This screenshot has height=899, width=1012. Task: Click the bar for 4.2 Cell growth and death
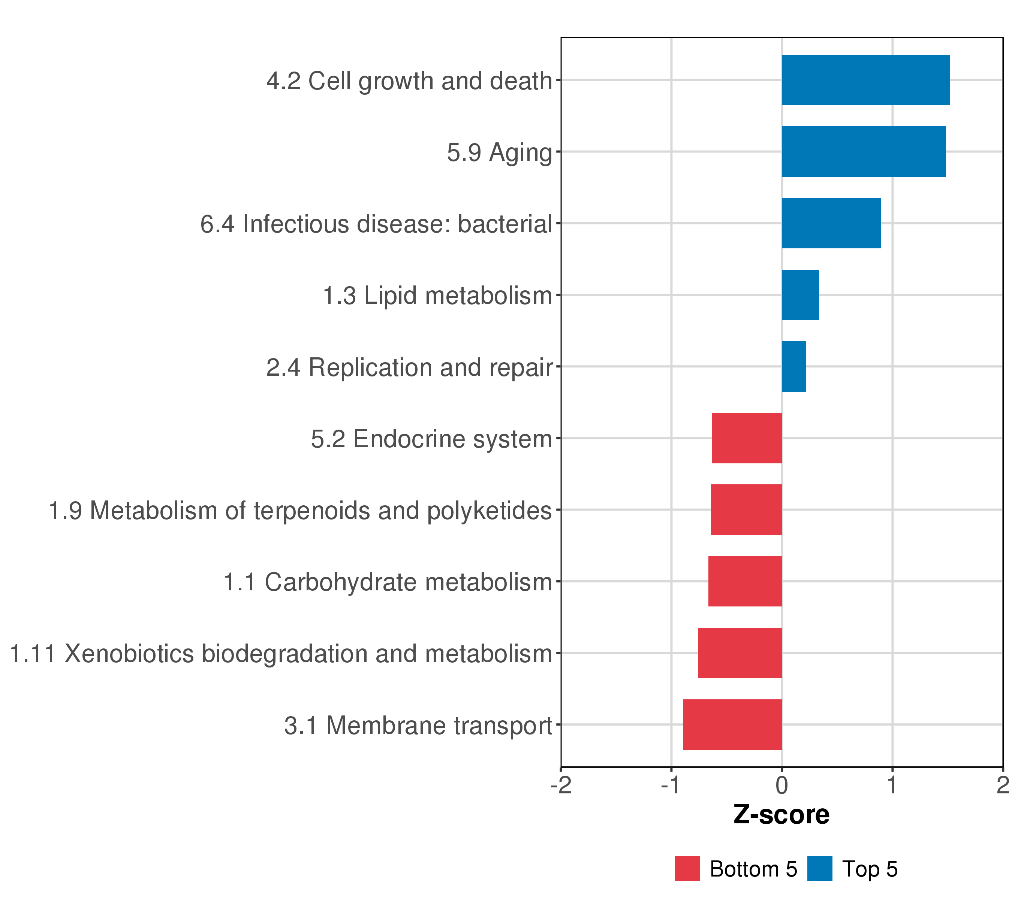[865, 80]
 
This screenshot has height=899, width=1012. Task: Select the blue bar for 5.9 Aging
[864, 151]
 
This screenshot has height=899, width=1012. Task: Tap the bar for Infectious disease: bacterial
[831, 223]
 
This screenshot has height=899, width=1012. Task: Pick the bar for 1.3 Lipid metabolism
[800, 295]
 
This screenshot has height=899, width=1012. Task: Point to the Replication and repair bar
[793, 367]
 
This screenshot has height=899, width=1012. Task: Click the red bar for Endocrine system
[747, 438]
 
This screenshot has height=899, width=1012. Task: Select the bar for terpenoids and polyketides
[747, 509]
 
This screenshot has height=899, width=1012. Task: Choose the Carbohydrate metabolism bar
[745, 581]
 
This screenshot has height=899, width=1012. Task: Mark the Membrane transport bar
[732, 724]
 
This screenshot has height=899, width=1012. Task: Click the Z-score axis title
[781, 814]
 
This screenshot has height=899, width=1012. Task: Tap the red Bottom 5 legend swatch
[687, 868]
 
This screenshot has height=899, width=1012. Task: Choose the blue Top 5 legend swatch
[819, 868]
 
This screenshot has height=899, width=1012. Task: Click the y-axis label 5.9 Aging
[499, 152]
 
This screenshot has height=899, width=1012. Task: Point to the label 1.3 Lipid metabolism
[437, 296]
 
